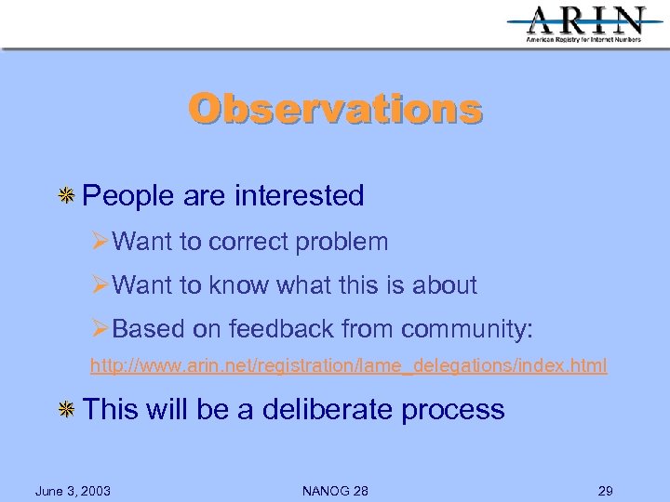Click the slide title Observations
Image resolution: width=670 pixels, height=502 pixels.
coord(335,109)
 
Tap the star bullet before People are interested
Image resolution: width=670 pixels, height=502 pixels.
coord(67,196)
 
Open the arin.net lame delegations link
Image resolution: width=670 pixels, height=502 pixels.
coord(348,366)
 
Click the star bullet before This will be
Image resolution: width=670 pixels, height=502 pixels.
coord(67,410)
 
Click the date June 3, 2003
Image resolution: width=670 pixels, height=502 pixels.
coord(73,491)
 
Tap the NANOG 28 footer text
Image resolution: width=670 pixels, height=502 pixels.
coord(335,491)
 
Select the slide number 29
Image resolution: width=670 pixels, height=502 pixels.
coord(606,491)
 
